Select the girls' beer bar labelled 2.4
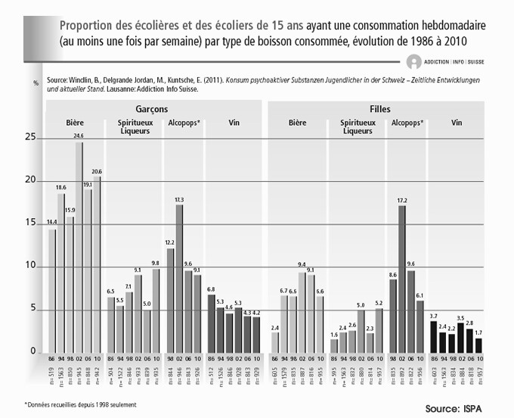pyautogui.click(x=274, y=342)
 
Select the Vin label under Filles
pyautogui.click(x=457, y=123)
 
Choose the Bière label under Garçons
pyautogui.click(x=75, y=123)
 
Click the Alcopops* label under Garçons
pyautogui.click(x=184, y=123)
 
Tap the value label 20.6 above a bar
pyautogui.click(x=97, y=172)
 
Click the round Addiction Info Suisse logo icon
pyautogui.click(x=413, y=63)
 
